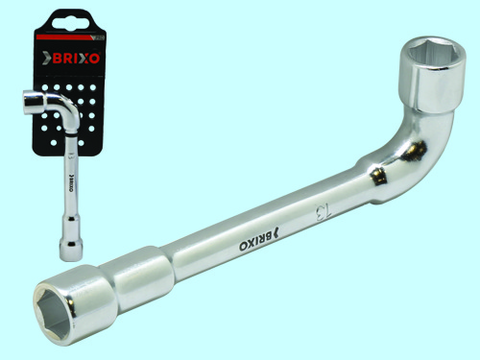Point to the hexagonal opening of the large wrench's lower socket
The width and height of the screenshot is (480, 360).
[54, 313]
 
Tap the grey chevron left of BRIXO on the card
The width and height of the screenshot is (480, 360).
[47, 59]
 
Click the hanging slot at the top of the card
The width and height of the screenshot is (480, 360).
[69, 23]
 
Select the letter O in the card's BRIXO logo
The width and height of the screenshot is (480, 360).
[95, 59]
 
